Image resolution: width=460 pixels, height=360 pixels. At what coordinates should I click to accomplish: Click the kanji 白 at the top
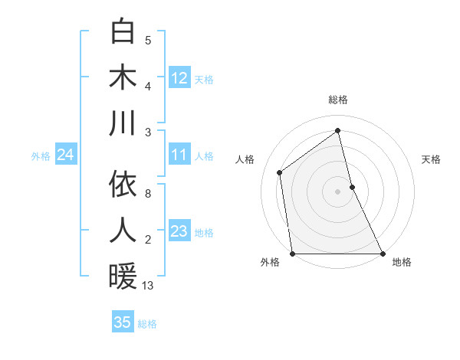[123, 32]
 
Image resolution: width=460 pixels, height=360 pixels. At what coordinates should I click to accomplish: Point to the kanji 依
[123, 185]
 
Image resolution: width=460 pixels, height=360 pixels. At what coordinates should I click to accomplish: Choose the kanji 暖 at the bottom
[123, 276]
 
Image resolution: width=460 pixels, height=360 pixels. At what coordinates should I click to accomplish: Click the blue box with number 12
[179, 77]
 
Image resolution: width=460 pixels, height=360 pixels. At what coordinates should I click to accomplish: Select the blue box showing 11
[179, 155]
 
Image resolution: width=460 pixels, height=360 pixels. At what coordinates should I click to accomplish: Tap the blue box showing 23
[179, 231]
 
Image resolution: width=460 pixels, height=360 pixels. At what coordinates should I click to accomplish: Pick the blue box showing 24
[65, 155]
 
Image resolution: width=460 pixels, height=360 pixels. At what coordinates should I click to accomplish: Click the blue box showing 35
[123, 322]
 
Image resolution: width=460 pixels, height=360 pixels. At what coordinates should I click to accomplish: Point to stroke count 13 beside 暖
[148, 286]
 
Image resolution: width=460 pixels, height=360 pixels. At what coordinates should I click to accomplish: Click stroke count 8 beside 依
[148, 194]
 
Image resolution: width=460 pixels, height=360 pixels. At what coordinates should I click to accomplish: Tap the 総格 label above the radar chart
[338, 100]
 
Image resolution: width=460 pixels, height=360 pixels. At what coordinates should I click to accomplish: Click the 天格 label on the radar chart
[432, 159]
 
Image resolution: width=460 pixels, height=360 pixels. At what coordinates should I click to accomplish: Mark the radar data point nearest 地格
[383, 254]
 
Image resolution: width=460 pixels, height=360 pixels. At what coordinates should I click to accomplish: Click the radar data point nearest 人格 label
[280, 172]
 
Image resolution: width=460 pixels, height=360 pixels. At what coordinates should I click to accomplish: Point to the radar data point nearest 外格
[292, 254]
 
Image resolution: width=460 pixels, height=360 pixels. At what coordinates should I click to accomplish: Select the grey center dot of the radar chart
[338, 191]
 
